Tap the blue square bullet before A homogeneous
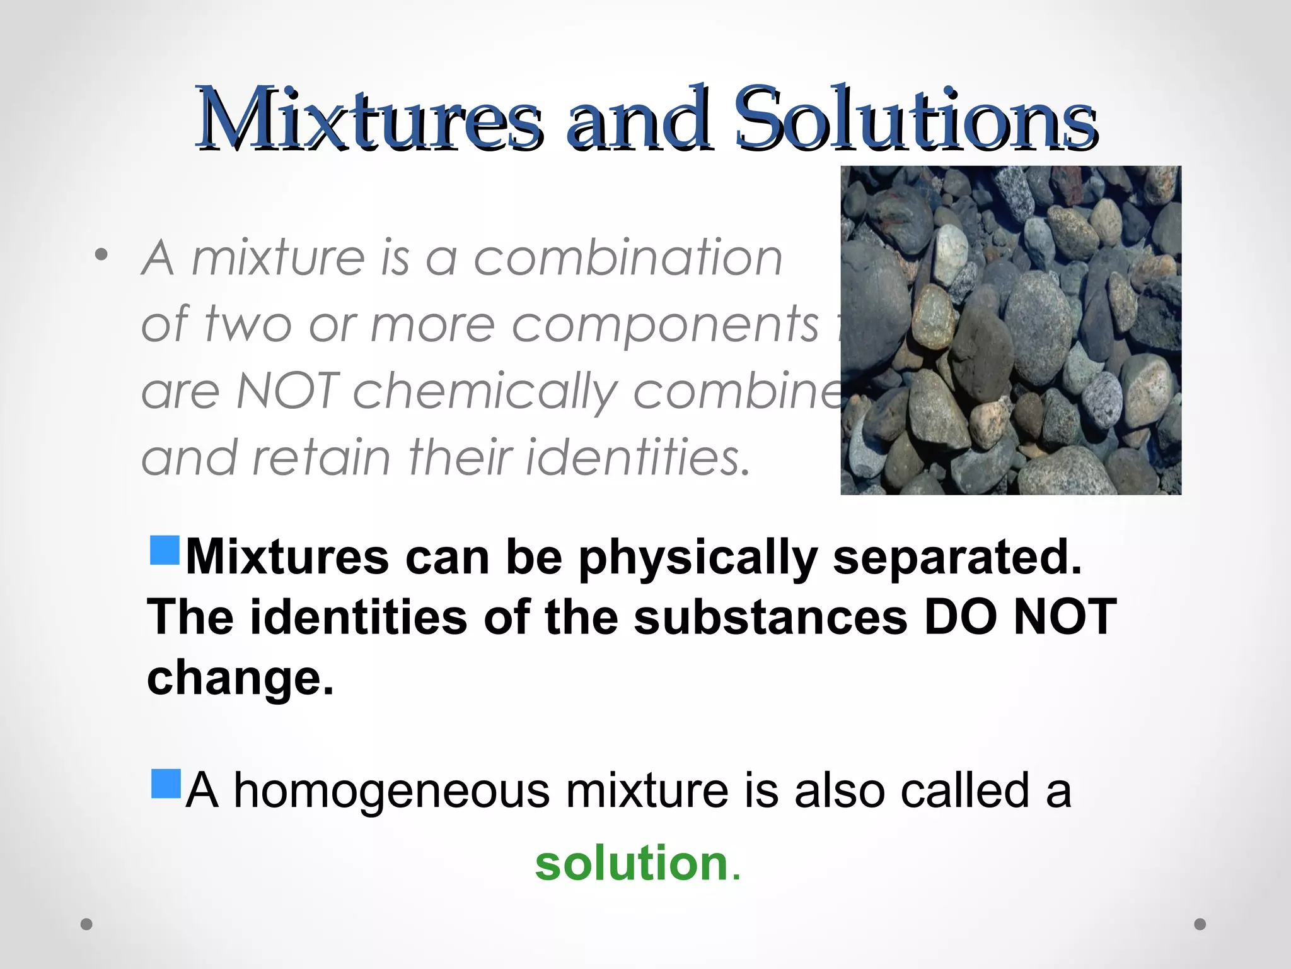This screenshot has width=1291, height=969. point(166,784)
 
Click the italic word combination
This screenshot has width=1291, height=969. point(628,258)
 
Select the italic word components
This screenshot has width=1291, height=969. point(664,325)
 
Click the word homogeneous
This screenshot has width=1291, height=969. point(391,791)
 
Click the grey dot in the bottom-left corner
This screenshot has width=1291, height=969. point(86,924)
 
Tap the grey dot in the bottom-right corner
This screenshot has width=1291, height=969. point(1200,924)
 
